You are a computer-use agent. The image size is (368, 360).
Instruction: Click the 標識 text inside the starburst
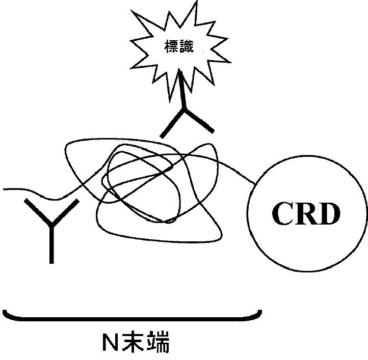point(179,47)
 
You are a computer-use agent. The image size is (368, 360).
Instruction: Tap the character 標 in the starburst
point(171,47)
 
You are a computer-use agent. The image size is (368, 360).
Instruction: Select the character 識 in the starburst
point(187,47)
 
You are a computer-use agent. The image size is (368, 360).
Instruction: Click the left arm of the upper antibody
point(171,124)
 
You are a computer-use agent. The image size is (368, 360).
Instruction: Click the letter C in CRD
point(283,214)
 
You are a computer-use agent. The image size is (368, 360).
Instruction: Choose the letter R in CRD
point(306,214)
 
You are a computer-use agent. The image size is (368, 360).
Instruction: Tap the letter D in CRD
point(329,214)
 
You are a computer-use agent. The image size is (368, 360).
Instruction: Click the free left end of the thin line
point(5,189)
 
